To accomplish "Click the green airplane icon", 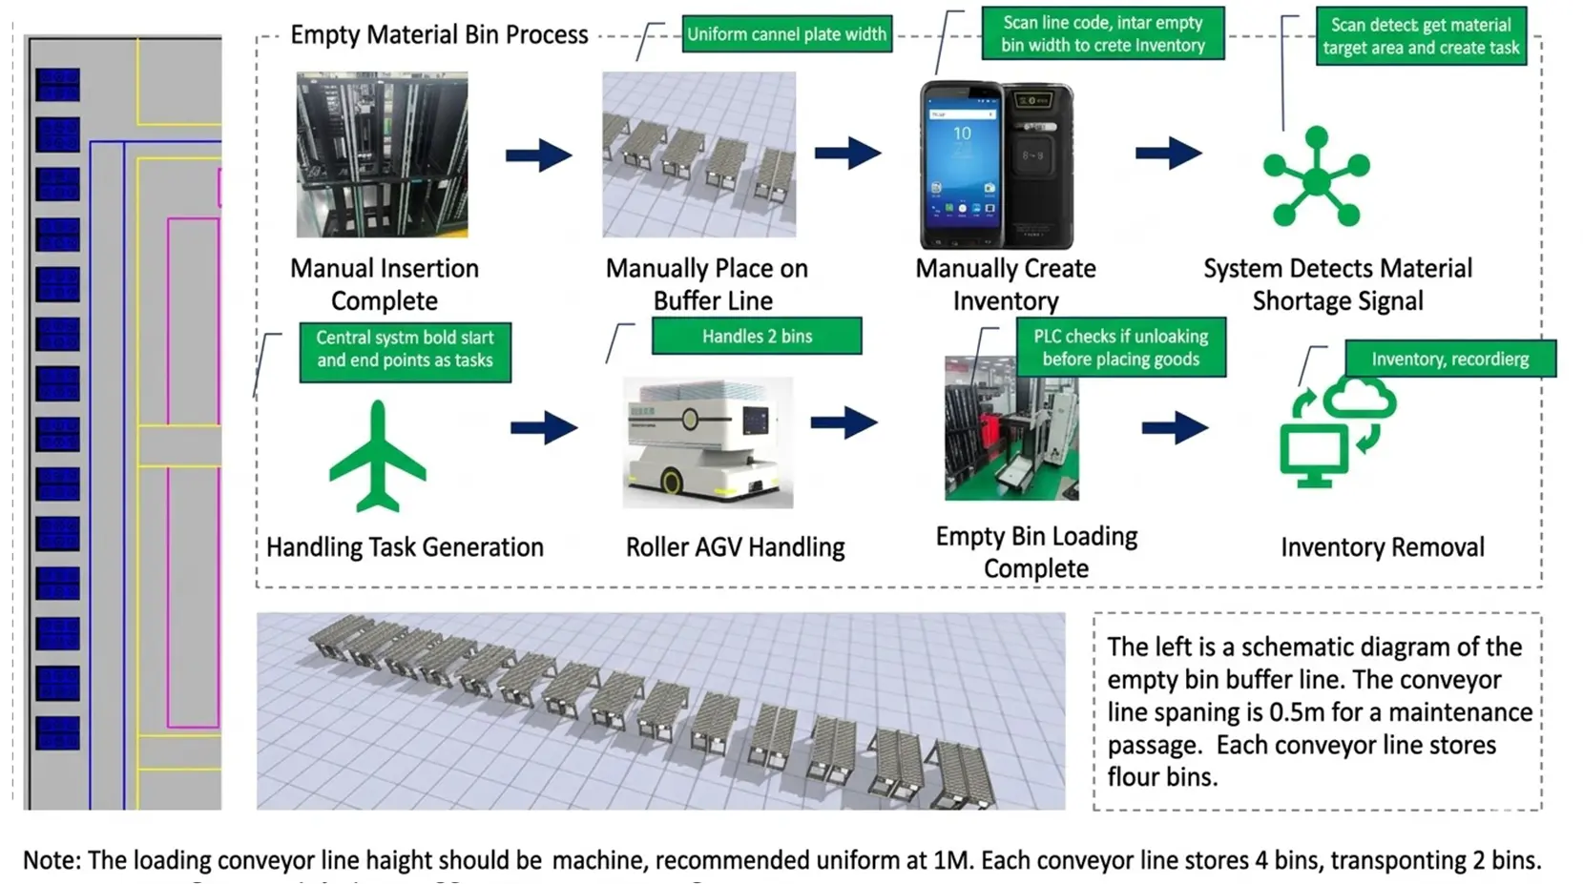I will pos(377,457).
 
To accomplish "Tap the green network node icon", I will pos(1316,177).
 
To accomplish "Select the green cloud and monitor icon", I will pos(1335,431).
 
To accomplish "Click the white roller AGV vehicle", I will pos(707,442).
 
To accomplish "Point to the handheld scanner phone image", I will pos(995,165).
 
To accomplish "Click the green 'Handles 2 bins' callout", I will pos(757,336).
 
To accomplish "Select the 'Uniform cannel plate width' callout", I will pos(786,35).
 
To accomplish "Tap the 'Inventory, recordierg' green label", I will pos(1449,359).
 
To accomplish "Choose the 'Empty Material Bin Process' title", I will pos(439,35).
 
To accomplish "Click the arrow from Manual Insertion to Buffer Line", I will pos(538,154).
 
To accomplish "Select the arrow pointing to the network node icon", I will pos(1168,153).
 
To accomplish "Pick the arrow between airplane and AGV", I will pos(543,427).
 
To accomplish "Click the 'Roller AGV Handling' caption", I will pos(735,547).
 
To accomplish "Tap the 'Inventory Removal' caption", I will pos(1382,547).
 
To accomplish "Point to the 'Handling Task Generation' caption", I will pos(405,547).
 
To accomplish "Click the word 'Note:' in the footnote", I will pos(52,860).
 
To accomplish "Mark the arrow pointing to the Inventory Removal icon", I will pos(1175,427).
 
